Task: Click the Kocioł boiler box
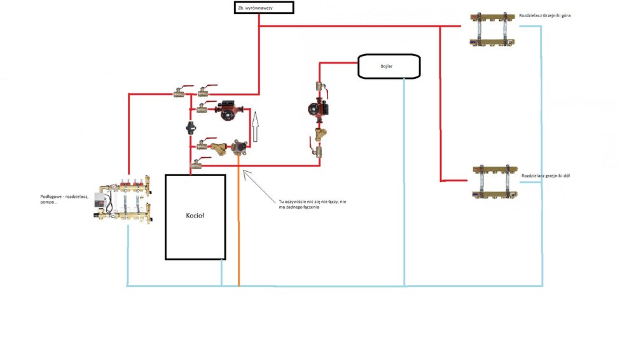(195, 216)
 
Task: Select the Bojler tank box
(389, 66)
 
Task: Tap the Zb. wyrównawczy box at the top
(263, 8)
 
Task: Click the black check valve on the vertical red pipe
(191, 127)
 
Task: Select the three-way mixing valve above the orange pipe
(240, 148)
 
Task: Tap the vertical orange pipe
(238, 223)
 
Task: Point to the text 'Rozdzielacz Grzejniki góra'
(545, 15)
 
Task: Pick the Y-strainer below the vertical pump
(319, 134)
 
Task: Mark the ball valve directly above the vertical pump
(319, 87)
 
